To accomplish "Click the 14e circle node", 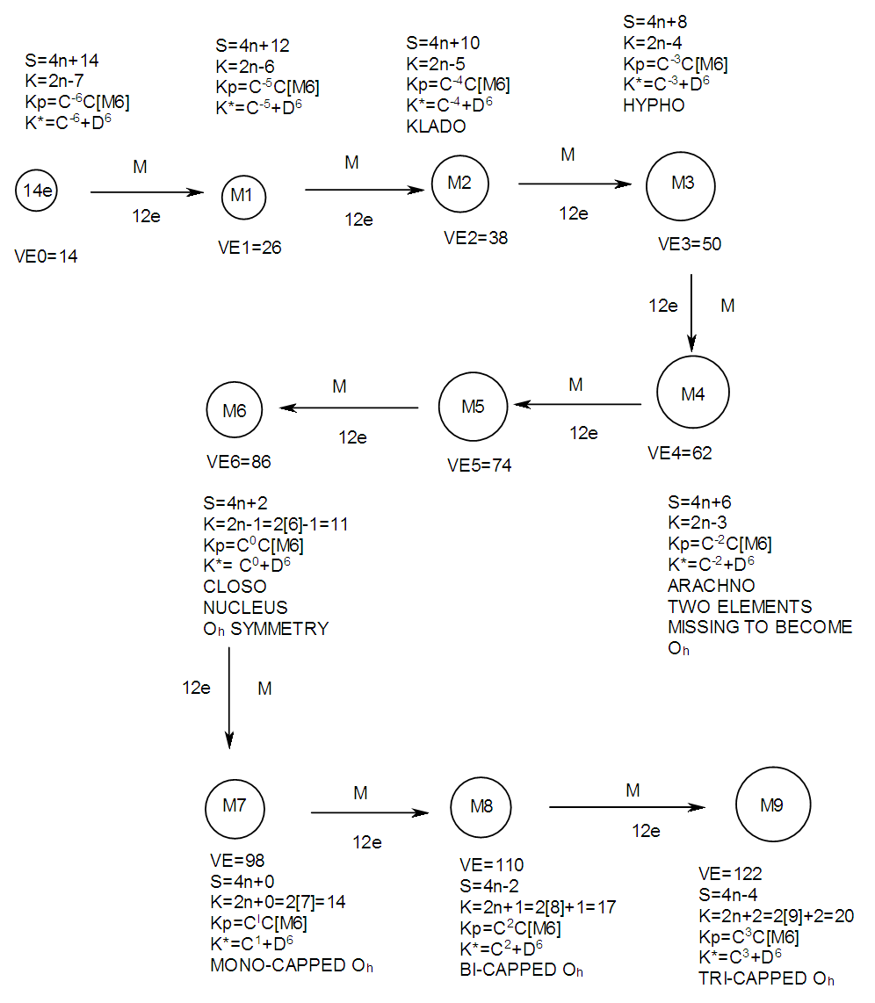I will coord(36,191).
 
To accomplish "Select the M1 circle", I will coord(242,195).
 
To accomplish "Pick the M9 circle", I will coord(772,805).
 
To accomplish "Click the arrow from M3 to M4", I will coord(692,312).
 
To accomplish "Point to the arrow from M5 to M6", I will coord(348,408).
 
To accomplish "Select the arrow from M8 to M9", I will coord(627,807).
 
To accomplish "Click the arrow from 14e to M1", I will coord(146,192).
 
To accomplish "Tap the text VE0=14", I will coord(47,258).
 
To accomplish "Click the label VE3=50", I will coord(690,244).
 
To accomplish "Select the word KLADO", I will coord(436,126).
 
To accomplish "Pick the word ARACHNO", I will coord(712,586).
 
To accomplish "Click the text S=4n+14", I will coord(62,61).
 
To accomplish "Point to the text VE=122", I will coord(730,874).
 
